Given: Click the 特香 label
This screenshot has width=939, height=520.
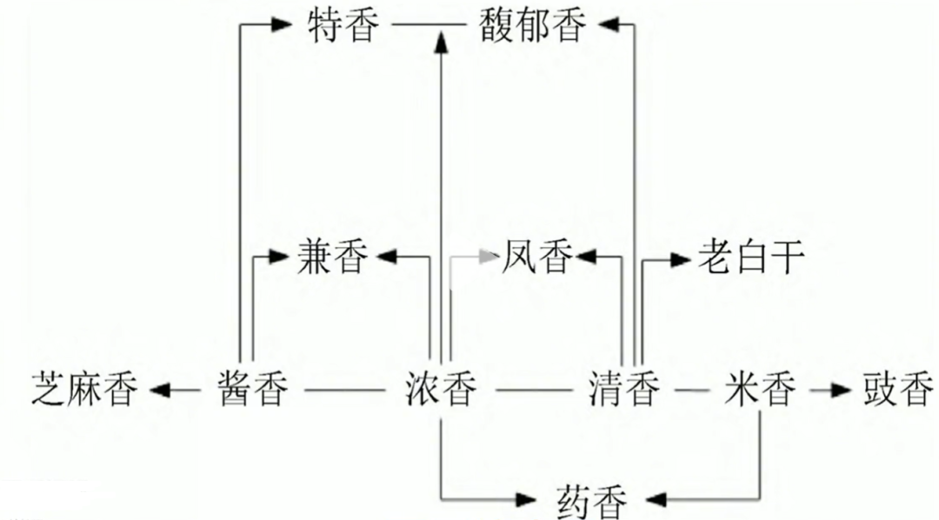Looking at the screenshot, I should (x=344, y=26).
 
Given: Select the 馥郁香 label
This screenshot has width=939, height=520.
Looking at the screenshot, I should (x=532, y=26).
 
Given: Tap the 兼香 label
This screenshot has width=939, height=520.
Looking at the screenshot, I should (x=332, y=258).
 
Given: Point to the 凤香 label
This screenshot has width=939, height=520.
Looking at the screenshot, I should (x=537, y=258).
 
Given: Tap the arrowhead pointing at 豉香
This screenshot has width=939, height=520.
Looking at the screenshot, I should (x=838, y=390).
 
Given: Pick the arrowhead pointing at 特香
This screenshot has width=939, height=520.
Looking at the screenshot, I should (x=281, y=26).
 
